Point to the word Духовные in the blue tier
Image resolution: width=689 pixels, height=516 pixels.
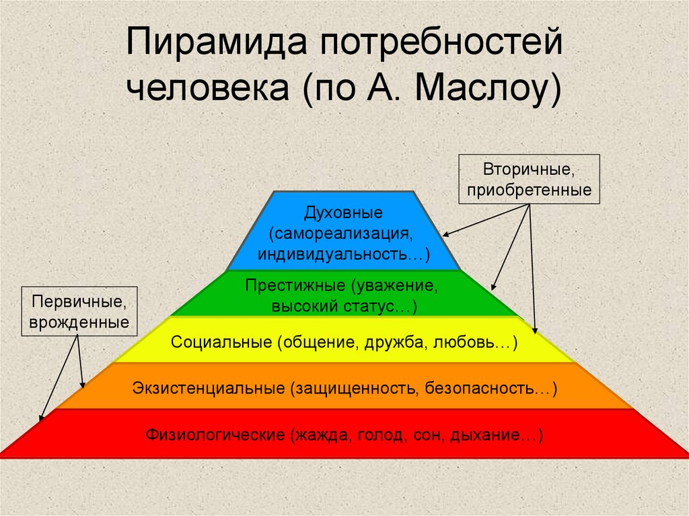pos(343,213)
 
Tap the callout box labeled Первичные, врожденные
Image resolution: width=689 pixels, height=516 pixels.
pos(80,312)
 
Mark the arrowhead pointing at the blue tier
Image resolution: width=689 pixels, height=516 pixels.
pos(446,234)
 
